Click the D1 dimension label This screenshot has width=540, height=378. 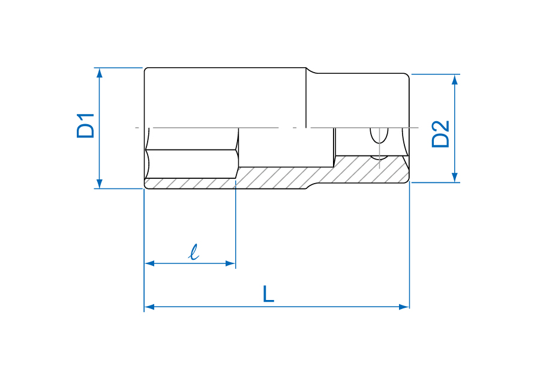85,125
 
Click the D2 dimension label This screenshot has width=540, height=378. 440,134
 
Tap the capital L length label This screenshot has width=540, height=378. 268,293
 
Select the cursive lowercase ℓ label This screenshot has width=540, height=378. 194,252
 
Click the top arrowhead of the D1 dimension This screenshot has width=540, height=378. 99,73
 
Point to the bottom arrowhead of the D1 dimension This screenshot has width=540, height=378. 99,184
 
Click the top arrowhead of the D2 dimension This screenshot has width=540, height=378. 455,79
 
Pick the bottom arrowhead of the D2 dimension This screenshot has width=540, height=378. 455,177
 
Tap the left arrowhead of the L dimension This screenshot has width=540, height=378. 149,307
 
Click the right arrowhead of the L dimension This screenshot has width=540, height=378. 404,307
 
